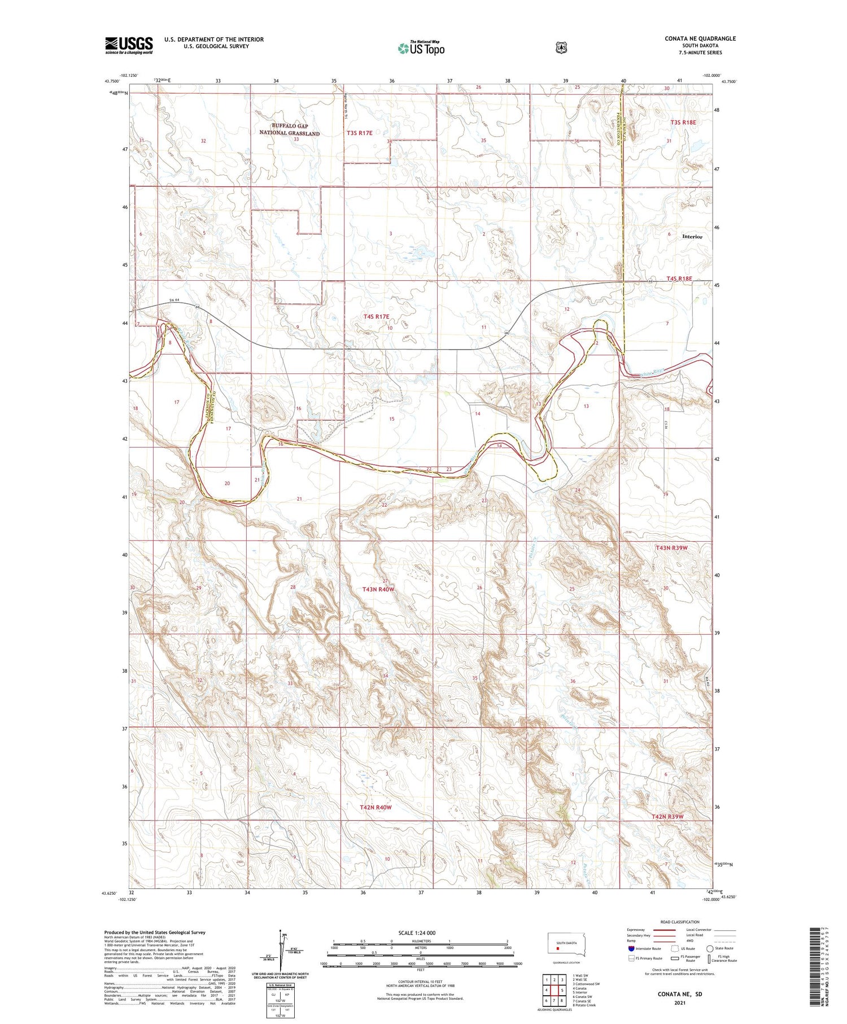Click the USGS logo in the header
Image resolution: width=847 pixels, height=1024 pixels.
tap(129, 45)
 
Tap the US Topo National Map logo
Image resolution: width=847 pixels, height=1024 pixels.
tap(421, 48)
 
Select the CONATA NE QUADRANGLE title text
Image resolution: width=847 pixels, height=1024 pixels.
tap(700, 38)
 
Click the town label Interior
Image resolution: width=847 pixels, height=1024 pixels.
tap(692, 237)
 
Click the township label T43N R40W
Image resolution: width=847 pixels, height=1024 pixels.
tap(378, 589)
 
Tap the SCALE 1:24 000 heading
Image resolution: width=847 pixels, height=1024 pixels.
tap(417, 933)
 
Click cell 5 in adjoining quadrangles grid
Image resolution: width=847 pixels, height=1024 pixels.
tap(562, 990)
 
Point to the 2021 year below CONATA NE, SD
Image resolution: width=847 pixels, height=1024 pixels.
tap(680, 1003)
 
